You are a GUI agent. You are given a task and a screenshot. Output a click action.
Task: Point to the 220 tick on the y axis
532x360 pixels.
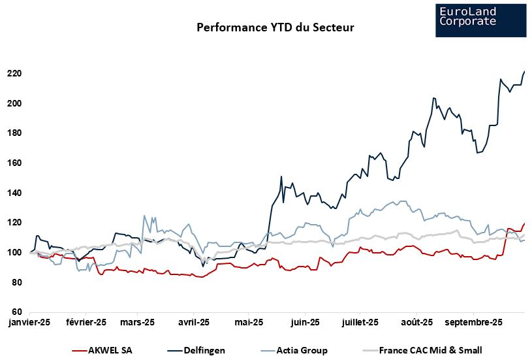14,73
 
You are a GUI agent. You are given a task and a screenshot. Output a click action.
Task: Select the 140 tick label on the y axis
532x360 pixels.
14,193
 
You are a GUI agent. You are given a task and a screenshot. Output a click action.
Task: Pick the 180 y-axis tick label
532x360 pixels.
14,133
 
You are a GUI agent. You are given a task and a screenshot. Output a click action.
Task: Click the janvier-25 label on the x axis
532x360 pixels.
29,322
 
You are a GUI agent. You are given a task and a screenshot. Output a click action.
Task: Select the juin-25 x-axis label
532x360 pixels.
305,322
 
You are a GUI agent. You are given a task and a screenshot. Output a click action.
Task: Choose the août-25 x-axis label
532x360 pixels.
417,322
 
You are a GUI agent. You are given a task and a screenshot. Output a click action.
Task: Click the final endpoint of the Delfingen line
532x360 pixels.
525,71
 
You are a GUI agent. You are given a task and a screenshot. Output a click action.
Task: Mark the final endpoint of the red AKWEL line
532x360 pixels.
525,223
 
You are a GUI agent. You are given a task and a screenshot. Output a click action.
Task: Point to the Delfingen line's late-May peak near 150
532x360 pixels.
281,176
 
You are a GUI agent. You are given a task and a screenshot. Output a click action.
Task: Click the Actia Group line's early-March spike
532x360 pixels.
144,216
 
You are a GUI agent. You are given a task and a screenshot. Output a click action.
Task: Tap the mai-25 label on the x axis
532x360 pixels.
249,322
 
